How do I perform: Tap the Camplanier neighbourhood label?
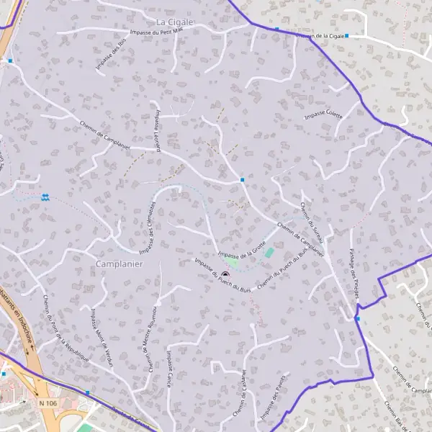[x=120, y=264]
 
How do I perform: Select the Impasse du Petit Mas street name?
[x=155, y=32]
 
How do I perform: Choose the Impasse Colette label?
[x=323, y=114]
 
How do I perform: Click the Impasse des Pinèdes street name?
[x=354, y=273]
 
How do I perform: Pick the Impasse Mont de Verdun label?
[x=102, y=338]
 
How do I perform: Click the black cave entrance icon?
[x=225, y=274]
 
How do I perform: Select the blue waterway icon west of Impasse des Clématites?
[x=45, y=197]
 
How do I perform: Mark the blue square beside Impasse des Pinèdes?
[x=357, y=318]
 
